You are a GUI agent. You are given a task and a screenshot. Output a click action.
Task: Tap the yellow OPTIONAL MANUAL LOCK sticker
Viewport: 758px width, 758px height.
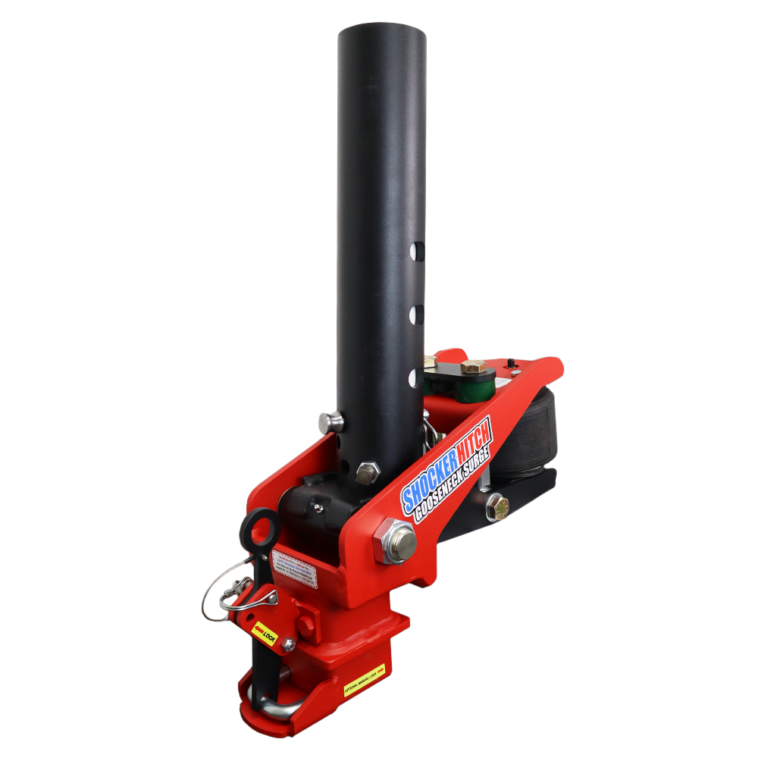click(x=365, y=680)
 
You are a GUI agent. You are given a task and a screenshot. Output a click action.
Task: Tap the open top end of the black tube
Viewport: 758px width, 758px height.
click(x=382, y=35)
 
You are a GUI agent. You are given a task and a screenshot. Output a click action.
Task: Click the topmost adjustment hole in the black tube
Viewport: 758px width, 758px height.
click(x=415, y=251)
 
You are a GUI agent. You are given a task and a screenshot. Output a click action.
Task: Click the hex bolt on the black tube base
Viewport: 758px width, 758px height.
click(x=367, y=473)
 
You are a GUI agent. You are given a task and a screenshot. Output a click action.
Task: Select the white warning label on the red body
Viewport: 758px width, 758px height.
click(x=294, y=568)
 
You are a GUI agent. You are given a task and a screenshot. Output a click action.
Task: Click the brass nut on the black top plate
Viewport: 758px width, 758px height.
click(x=472, y=367)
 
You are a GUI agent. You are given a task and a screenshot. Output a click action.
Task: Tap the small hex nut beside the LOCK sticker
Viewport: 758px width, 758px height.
click(x=288, y=644)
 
